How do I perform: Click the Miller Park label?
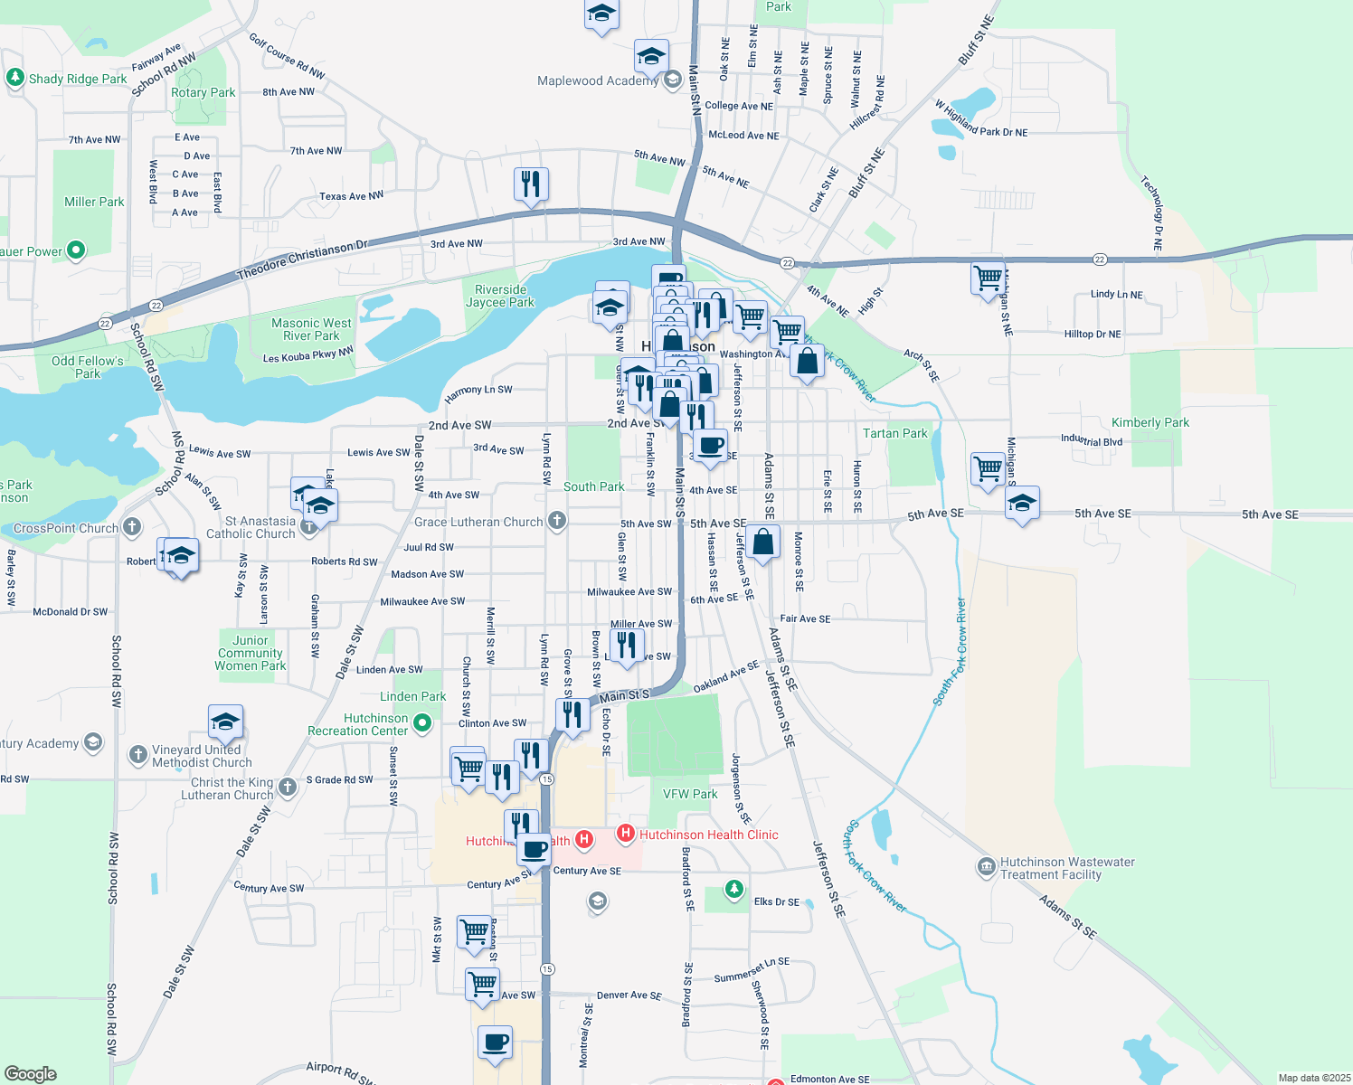94,202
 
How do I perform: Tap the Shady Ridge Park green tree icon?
14,78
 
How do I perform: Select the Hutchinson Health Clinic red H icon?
624,833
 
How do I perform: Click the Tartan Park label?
894,433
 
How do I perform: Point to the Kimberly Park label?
1150,422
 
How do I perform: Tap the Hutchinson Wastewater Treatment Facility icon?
986,867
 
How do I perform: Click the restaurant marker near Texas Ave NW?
531,184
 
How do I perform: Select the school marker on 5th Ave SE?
1021,503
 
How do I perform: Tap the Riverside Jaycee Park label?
500,296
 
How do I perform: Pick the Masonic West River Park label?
311,329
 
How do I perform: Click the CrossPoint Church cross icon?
132,526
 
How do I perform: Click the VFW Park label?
690,794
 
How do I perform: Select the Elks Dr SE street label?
777,901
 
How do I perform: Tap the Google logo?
31,1073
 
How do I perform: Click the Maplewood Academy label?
597,80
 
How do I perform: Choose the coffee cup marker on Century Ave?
535,850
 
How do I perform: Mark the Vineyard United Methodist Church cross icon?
137,753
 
